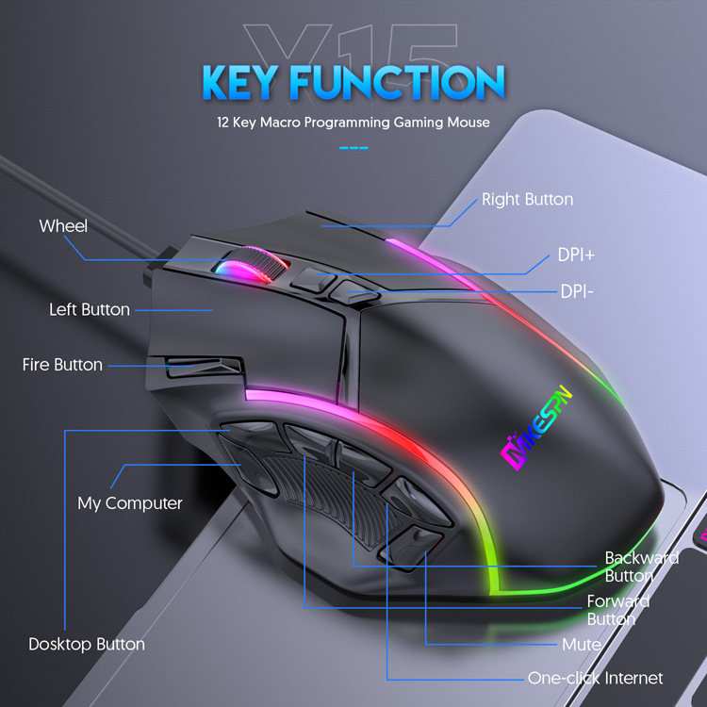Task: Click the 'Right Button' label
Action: [527, 199]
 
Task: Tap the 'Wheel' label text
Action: [63, 226]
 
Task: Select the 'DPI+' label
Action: [575, 255]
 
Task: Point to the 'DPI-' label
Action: [577, 291]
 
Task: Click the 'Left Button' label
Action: [90, 309]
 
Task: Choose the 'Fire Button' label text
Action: [62, 364]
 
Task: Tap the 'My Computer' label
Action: [129, 502]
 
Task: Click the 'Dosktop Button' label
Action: [87, 645]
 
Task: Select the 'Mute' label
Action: [582, 645]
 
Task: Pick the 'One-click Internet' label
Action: [595, 678]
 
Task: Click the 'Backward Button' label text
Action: [641, 567]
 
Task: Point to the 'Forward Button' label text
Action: [617, 610]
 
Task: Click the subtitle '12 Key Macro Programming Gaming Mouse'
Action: [353, 123]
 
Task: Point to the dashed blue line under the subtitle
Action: [353, 147]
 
